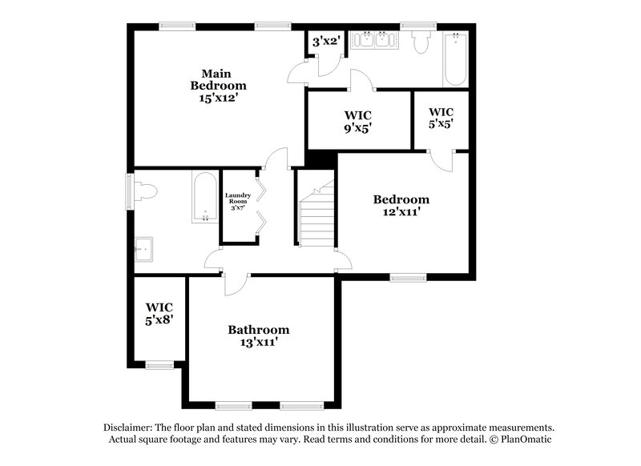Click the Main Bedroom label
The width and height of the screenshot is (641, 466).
click(218, 78)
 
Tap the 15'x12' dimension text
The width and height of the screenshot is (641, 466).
click(218, 98)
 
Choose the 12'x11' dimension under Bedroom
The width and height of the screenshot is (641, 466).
click(401, 213)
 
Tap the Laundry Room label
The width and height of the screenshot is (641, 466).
click(238, 201)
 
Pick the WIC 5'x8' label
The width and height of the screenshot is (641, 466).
click(159, 313)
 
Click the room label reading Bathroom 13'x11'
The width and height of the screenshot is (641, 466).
click(258, 335)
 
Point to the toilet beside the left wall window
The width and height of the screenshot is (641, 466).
click(146, 192)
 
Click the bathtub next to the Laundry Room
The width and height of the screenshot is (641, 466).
click(205, 197)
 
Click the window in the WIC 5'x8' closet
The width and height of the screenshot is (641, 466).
click(159, 365)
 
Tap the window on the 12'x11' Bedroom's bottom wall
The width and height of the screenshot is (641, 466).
click(408, 278)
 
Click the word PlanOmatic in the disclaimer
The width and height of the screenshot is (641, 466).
click(524, 440)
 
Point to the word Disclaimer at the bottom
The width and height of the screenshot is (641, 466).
click(130, 428)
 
